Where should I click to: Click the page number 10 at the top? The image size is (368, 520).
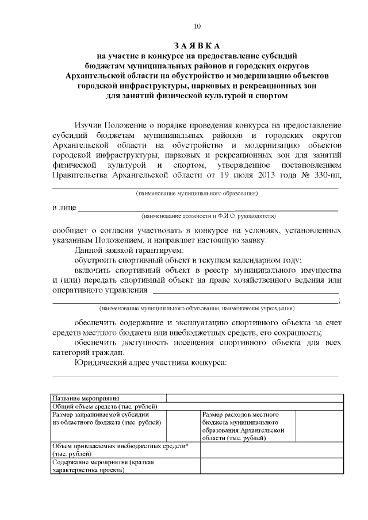pos(197,26)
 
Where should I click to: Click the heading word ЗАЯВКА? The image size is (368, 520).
pos(197,45)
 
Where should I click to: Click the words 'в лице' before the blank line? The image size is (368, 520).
pos(64,207)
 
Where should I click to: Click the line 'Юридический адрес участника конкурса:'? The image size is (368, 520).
pos(151,363)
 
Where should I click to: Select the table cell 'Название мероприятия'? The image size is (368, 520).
pos(86,398)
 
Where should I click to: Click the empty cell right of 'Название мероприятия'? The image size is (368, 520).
pos(255,398)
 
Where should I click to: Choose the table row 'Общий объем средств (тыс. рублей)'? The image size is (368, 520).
pos(103,406)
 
